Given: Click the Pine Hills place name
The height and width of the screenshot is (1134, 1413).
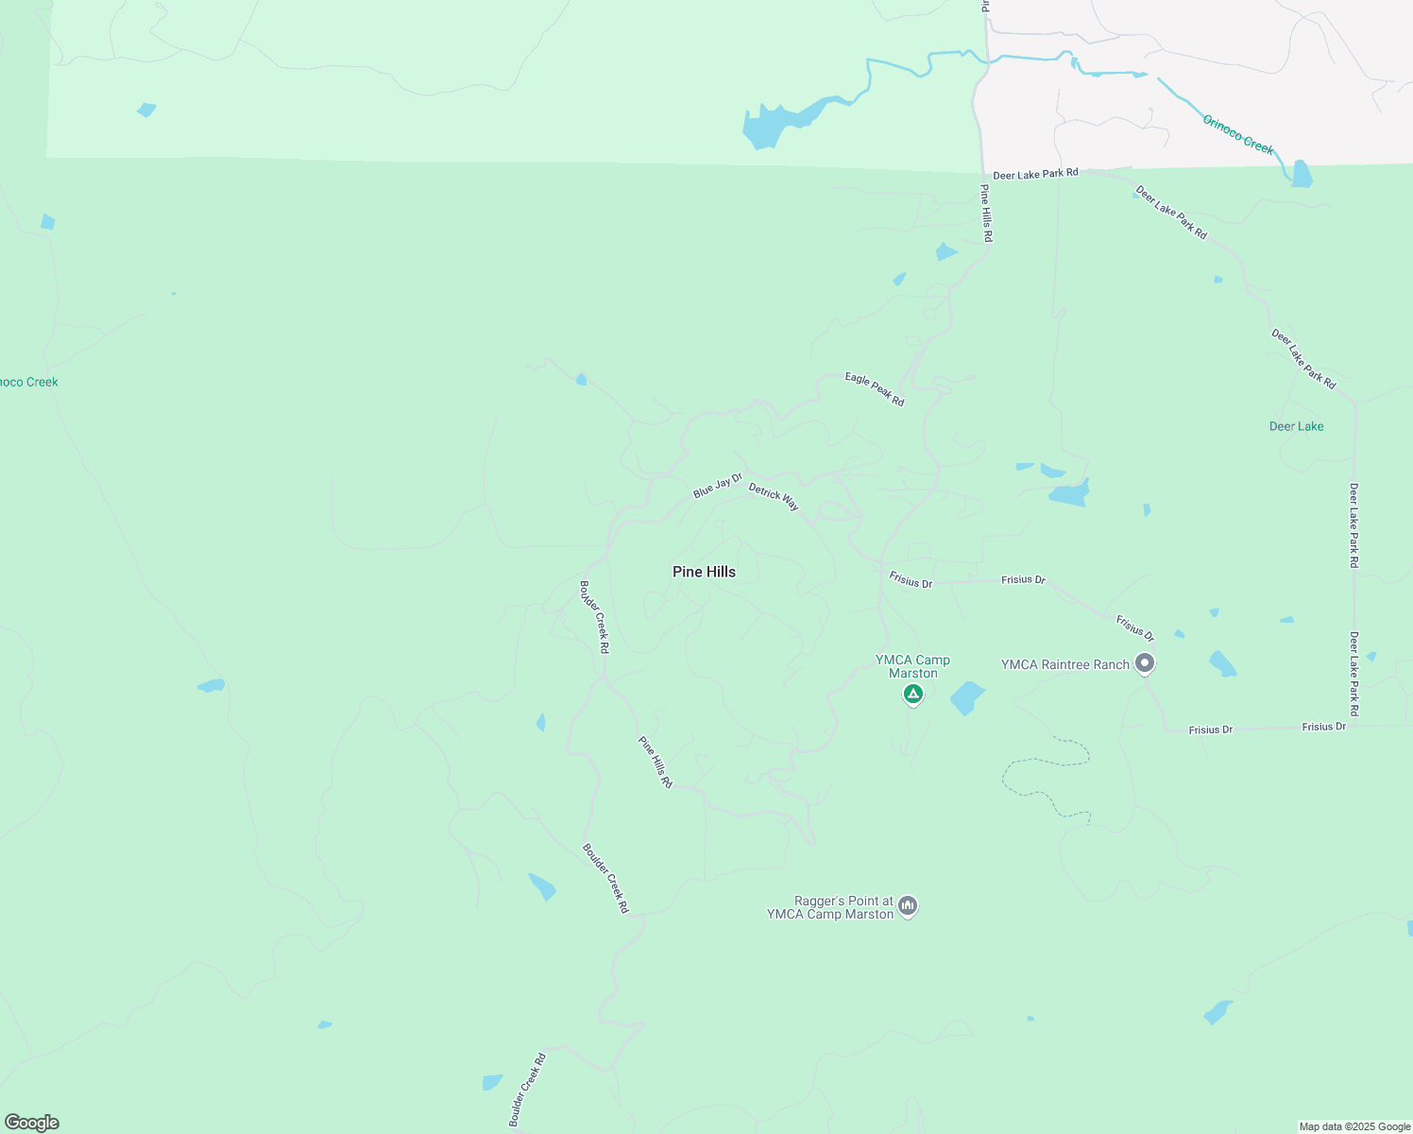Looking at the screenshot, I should (704, 572).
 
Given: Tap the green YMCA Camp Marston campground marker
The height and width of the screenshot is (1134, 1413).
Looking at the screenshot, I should (912, 695).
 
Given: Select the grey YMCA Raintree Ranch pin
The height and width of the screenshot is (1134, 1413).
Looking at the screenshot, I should (1145, 663).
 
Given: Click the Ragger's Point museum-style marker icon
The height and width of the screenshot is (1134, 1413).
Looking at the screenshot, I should (908, 906).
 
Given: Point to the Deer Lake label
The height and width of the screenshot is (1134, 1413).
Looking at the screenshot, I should (1296, 426).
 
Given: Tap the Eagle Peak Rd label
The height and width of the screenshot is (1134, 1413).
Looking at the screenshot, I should (875, 389).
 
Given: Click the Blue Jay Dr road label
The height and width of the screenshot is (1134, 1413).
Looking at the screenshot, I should (718, 486).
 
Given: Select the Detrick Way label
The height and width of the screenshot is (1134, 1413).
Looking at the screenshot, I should (774, 497).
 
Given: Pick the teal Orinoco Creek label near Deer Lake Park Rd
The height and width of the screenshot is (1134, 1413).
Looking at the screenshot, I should (1237, 134).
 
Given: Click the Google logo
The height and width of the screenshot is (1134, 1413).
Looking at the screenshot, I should (32, 1122).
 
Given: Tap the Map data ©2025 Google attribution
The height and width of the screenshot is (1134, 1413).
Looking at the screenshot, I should (1354, 1126).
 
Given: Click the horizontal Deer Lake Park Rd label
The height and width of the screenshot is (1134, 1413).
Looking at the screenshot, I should (1035, 174).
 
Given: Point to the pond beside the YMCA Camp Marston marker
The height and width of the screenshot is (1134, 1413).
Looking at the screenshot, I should (967, 698).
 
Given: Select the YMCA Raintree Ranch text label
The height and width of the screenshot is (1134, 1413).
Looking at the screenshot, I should (1064, 664).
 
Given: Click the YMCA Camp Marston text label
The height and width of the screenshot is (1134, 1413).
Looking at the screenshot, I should (912, 667).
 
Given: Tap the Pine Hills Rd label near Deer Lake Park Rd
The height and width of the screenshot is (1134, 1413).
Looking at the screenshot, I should (986, 214).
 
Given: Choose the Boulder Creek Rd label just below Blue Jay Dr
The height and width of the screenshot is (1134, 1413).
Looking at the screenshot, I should (594, 617).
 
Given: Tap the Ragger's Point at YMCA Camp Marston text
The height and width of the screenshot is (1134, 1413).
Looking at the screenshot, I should (830, 907).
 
